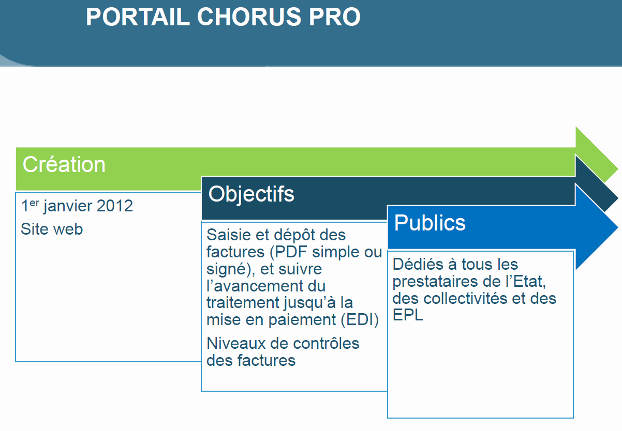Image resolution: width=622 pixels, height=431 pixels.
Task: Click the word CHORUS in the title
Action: pyautogui.click(x=249, y=17)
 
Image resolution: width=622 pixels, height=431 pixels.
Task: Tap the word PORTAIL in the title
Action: pyautogui.click(x=138, y=17)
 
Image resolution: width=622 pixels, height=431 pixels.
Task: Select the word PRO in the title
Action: pyautogui.click(x=335, y=17)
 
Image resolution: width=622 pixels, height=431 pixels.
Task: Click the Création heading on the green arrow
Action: pyautogui.click(x=64, y=164)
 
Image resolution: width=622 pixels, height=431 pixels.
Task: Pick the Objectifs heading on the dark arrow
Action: pyautogui.click(x=251, y=194)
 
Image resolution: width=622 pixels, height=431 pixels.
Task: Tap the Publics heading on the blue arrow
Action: pyautogui.click(x=430, y=223)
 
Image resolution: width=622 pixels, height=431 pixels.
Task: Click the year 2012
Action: pyautogui.click(x=115, y=206)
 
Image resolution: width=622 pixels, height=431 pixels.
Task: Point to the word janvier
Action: pyautogui.click(x=67, y=207)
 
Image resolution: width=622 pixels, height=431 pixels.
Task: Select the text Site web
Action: pyautogui.click(x=52, y=229)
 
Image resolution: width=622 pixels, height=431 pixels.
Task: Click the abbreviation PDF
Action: pyautogui.click(x=291, y=252)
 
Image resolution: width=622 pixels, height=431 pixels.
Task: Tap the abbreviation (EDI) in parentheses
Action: pyautogui.click(x=360, y=320)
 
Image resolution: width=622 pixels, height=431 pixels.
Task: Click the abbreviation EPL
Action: pyautogui.click(x=408, y=315)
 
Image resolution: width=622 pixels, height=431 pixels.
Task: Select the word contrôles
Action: pyautogui.click(x=326, y=343)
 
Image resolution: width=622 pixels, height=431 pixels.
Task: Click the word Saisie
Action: pyautogui.click(x=229, y=235)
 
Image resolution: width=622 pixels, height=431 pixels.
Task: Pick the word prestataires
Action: pyautogui.click(x=435, y=282)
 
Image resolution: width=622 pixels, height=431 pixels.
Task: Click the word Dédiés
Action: pyautogui.click(x=418, y=264)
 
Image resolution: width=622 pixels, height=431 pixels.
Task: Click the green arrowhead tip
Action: pyautogui.click(x=617, y=168)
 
